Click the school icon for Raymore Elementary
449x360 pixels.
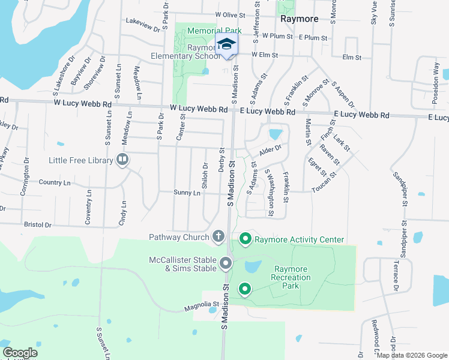[x=226, y=45]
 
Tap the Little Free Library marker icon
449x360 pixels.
[x=122, y=160]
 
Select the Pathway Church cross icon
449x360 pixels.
[x=218, y=236]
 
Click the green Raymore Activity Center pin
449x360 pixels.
[x=245, y=239]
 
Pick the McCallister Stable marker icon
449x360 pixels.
[x=226, y=263]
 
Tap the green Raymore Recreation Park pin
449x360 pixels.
[x=245, y=290]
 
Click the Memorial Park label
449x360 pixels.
[x=214, y=30]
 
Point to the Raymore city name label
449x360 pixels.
[x=300, y=19]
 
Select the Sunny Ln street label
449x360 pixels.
[x=187, y=193]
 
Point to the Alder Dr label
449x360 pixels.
[x=271, y=148]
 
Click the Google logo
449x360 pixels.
[x=20, y=353]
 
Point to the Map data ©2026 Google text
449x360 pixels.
[x=412, y=355]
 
